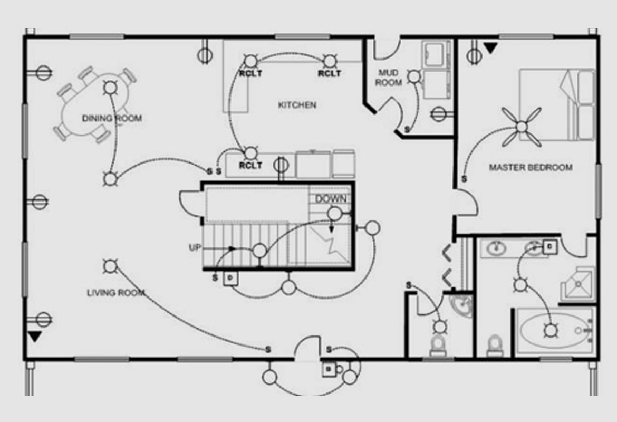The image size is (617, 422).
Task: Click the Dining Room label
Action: (x=112, y=118)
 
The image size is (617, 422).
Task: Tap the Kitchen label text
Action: (x=297, y=105)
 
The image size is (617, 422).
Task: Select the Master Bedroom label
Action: (x=531, y=168)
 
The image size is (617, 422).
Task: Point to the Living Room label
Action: (x=116, y=293)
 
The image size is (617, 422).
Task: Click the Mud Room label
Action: (x=389, y=78)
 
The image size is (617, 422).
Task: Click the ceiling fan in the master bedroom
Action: (x=521, y=127)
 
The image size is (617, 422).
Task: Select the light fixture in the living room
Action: (x=110, y=266)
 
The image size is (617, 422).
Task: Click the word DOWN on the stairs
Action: (x=331, y=199)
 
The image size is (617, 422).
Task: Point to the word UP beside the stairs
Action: (x=195, y=247)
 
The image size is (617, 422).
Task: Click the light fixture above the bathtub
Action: (x=551, y=331)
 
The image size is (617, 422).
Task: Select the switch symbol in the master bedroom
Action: (x=464, y=179)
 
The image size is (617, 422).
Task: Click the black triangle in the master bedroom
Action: (x=491, y=49)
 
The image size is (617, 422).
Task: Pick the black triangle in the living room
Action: (x=35, y=336)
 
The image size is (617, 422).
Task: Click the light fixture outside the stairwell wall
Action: (x=372, y=228)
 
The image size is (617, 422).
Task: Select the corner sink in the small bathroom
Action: (x=462, y=305)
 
